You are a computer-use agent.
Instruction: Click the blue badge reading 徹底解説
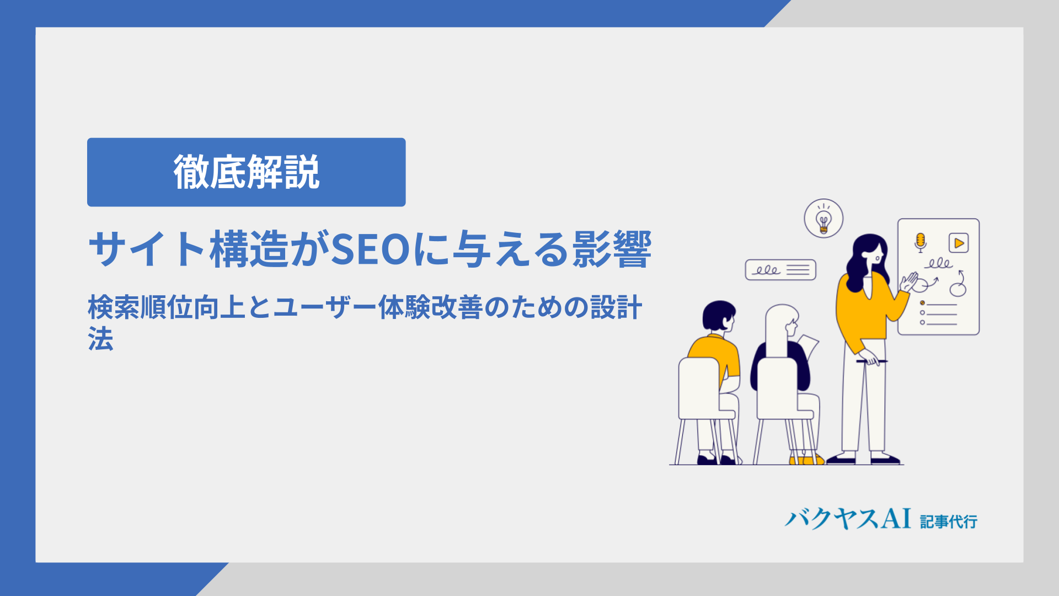pos(246,172)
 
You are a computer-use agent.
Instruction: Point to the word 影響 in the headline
pos(612,249)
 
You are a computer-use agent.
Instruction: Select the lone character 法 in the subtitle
pos(100,338)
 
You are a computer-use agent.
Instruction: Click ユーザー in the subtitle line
pos(325,307)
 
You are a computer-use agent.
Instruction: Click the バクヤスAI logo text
pos(848,519)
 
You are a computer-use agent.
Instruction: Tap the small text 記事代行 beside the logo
pos(949,521)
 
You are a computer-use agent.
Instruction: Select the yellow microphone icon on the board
pos(920,242)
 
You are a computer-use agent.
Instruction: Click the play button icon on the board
pos(959,243)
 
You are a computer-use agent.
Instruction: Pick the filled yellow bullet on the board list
pos(922,303)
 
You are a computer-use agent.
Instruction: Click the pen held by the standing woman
pos(871,361)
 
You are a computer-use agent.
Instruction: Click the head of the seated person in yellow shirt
pos(719,316)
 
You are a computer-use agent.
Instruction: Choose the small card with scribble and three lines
pos(780,270)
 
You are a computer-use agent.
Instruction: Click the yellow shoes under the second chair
pos(806,460)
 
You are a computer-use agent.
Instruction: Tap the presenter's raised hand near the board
pos(908,281)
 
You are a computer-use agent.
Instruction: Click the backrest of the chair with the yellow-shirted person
pos(699,388)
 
